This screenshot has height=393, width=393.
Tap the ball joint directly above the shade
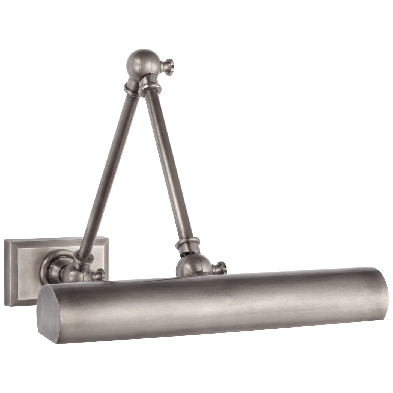(x=192, y=266)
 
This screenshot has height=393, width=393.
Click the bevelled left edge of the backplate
(x=10, y=273)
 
